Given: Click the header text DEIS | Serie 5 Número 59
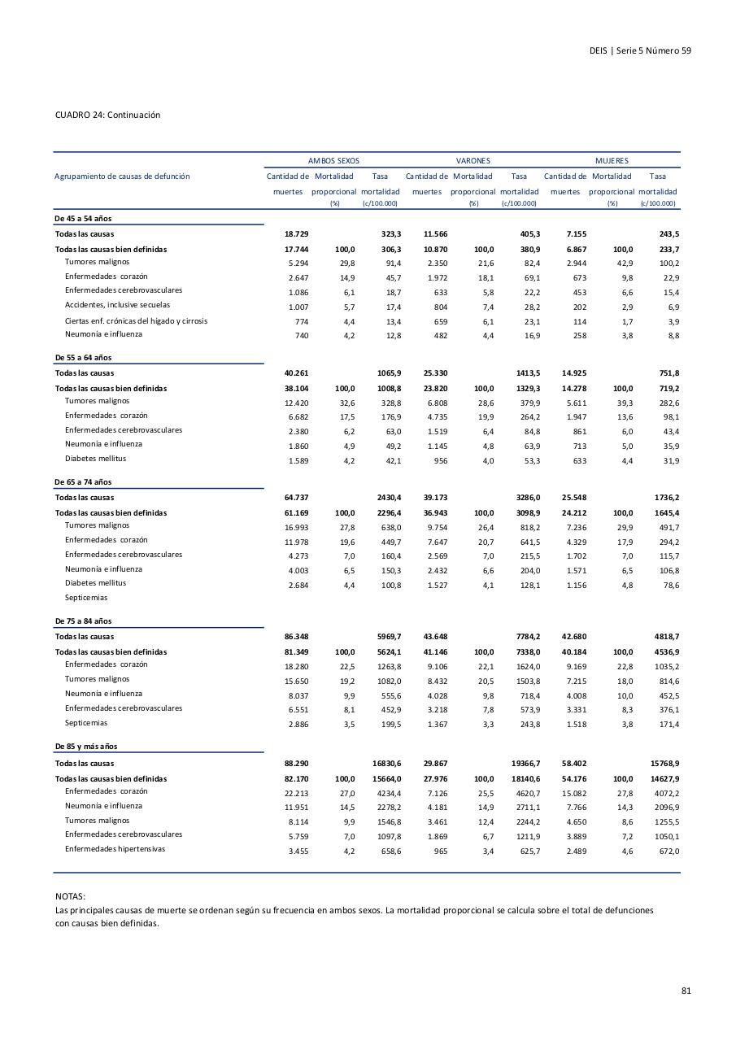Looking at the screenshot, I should pyautogui.click(x=640, y=50).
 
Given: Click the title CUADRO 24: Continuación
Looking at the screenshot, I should pyautogui.click(x=107, y=115).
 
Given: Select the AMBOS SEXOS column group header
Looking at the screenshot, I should pyautogui.click(x=333, y=161).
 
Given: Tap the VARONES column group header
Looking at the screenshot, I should pyautogui.click(x=473, y=161).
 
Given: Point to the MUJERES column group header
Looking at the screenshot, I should pyautogui.click(x=612, y=161).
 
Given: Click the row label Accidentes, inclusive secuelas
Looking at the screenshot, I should pyautogui.click(x=118, y=305).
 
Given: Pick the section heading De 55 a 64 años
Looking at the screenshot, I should pyautogui.click(x=83, y=358).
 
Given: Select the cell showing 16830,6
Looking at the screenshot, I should pyautogui.click(x=386, y=764).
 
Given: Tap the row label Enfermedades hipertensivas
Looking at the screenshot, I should pyautogui.click(x=115, y=849).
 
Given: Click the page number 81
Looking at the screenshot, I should pyautogui.click(x=686, y=991).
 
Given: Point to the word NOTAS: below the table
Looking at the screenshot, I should pyautogui.click(x=70, y=895).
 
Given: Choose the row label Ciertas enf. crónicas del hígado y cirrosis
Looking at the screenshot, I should pyautogui.click(x=136, y=320).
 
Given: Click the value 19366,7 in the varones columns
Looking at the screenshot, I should pyautogui.click(x=525, y=764).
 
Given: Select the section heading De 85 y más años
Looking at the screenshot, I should pyautogui.click(x=86, y=747).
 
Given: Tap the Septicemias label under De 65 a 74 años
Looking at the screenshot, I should pyautogui.click(x=86, y=598).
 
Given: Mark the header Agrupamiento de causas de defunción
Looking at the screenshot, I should pyautogui.click(x=122, y=176).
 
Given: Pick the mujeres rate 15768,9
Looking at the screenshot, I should pyautogui.click(x=664, y=764).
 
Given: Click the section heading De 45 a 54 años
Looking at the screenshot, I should pyautogui.click(x=83, y=220).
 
